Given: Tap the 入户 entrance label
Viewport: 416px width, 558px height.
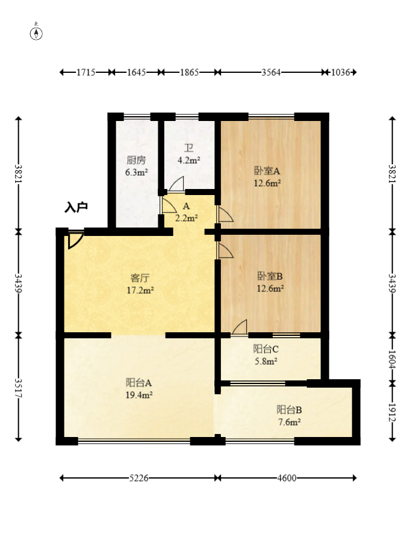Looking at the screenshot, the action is tap(76, 207).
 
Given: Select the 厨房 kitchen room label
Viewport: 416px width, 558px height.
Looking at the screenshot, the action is tap(136, 160).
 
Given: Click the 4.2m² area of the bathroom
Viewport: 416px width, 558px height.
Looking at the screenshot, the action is tap(188, 160).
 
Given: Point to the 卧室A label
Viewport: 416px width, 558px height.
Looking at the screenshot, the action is tap(267, 171).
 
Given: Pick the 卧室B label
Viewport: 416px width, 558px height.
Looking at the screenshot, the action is tap(270, 276).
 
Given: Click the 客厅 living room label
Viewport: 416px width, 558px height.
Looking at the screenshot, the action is tap(140, 278).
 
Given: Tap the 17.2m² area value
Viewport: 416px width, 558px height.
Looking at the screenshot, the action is tap(140, 290).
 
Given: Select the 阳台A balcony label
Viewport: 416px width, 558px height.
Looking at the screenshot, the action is tap(139, 383).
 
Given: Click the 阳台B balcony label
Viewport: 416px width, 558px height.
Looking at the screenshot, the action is tap(290, 410).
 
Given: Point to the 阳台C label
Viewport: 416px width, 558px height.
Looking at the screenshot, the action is tap(265, 349).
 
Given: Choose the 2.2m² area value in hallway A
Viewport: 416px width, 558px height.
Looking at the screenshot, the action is tap(187, 218).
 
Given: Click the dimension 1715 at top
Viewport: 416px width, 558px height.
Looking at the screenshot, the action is tap(85, 72).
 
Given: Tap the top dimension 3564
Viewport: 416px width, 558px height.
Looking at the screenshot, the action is tap(271, 72).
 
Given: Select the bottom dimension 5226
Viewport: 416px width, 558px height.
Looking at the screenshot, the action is tap(138, 478).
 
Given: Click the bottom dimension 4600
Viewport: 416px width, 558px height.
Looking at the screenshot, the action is tap(287, 478).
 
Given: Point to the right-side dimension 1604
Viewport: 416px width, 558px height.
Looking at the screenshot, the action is tap(392, 360).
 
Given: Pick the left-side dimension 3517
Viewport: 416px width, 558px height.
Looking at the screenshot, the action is tap(18, 388).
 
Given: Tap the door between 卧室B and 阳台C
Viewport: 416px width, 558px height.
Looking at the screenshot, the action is tap(239, 327).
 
